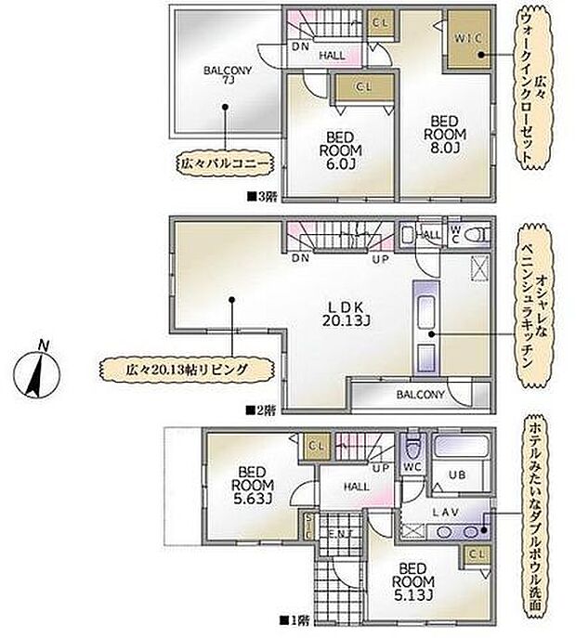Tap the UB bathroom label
(x=457, y=474)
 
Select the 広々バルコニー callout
(x=225, y=164)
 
